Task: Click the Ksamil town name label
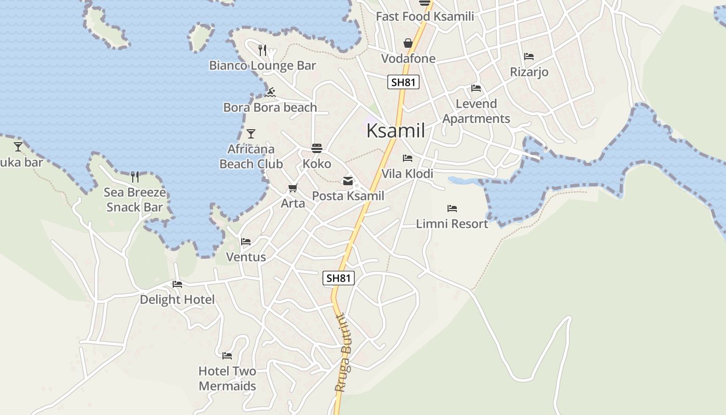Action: click(x=396, y=131)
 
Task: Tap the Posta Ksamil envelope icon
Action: click(x=348, y=181)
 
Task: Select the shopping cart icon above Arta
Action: click(x=293, y=188)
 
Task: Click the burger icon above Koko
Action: click(x=316, y=149)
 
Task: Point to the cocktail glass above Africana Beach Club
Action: click(x=251, y=134)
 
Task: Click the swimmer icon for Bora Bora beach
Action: click(x=270, y=93)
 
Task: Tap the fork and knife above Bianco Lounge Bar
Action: click(x=262, y=50)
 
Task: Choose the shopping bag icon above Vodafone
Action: click(x=408, y=43)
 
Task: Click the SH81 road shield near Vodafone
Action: click(x=403, y=82)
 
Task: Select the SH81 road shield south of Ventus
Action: click(x=339, y=278)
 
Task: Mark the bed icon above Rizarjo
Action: click(x=529, y=57)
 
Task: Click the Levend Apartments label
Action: click(x=476, y=111)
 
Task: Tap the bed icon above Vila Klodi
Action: click(x=408, y=158)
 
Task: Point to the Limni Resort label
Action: click(x=452, y=224)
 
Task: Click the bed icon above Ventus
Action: click(x=246, y=242)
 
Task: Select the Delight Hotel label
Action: click(x=177, y=299)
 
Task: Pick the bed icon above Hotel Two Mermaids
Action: click(x=227, y=356)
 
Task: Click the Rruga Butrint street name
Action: click(x=344, y=353)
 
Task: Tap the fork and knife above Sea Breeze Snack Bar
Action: click(x=135, y=177)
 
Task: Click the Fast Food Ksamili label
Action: click(x=425, y=16)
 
